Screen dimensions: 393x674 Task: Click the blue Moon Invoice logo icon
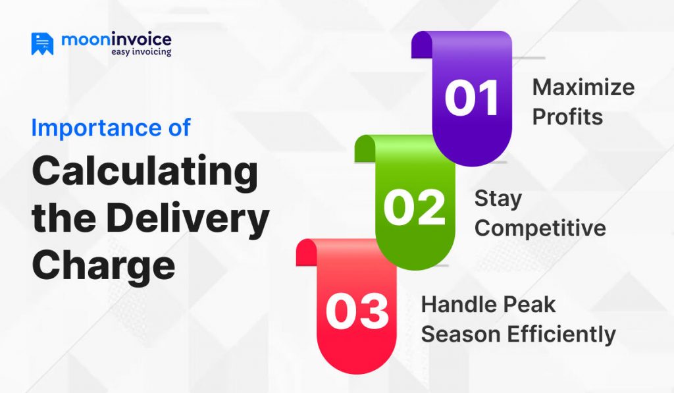click(x=42, y=43)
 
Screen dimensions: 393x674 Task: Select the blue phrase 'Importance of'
click(x=111, y=127)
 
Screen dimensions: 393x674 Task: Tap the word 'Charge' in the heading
click(x=103, y=265)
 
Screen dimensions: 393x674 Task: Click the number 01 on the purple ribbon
click(x=471, y=98)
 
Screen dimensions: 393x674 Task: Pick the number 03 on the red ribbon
click(x=357, y=312)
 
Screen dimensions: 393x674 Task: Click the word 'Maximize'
click(x=583, y=88)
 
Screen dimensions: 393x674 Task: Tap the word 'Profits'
click(x=567, y=117)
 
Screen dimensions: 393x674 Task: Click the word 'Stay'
click(x=498, y=198)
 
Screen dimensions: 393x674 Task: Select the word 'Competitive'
click(x=540, y=228)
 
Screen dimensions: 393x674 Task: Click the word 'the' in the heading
click(x=62, y=219)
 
